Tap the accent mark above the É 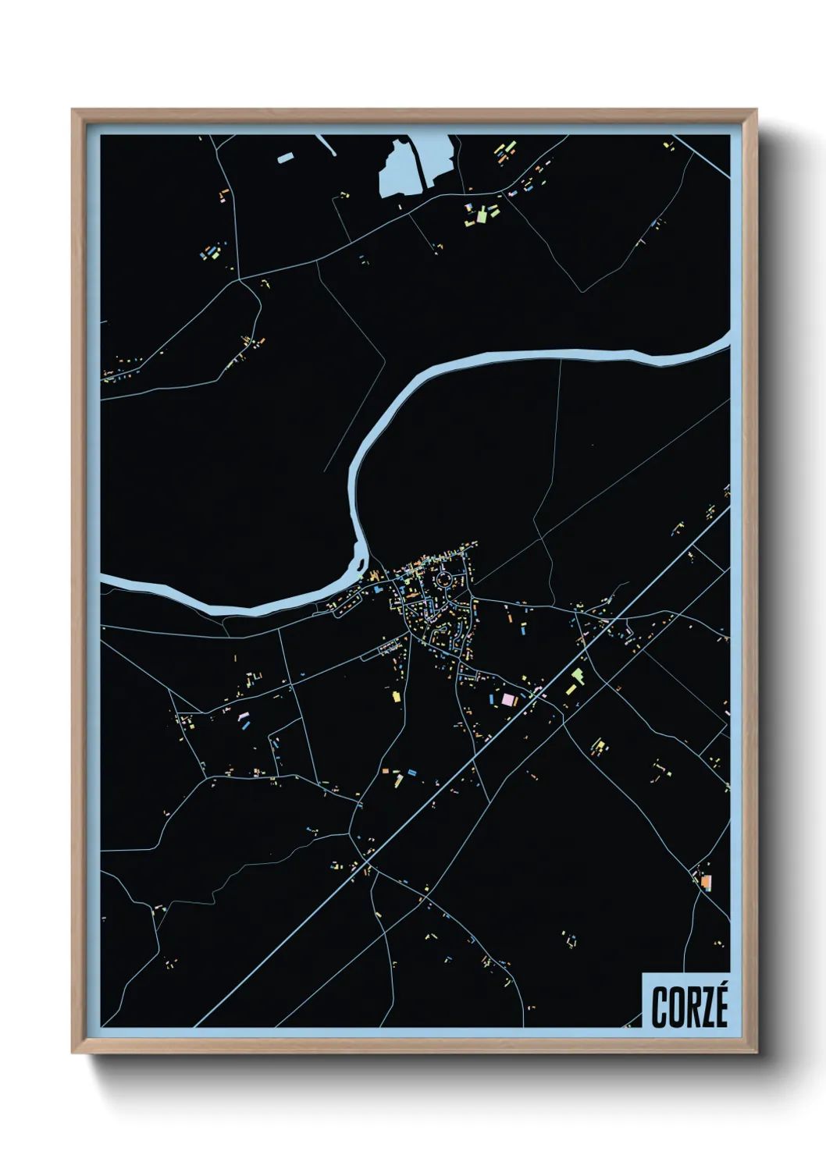[x=722, y=986]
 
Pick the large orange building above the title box [x=706, y=882]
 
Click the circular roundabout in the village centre [x=444, y=579]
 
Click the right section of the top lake [x=438, y=156]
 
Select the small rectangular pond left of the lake [x=285, y=158]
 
